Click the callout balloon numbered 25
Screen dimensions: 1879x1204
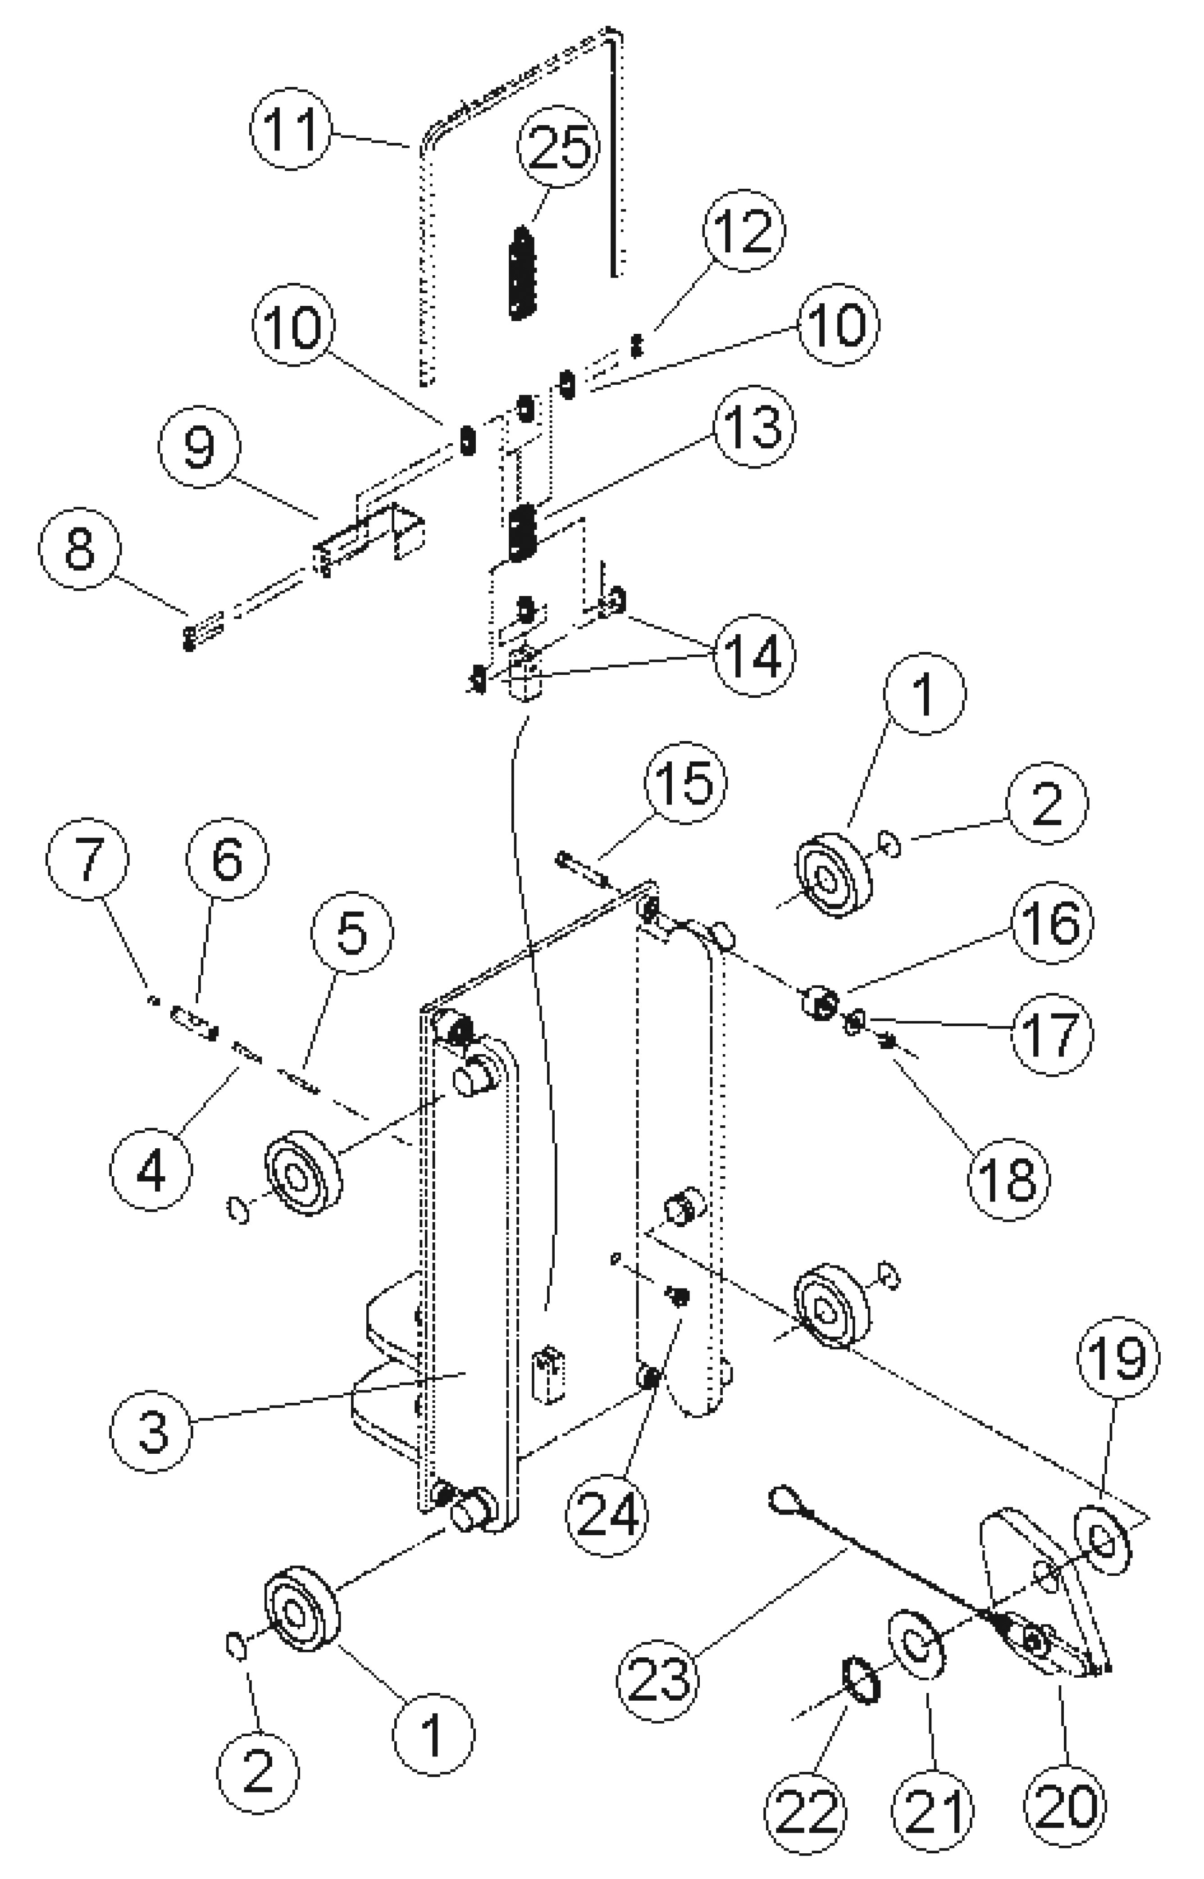click(x=558, y=146)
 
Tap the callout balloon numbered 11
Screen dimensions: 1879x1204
click(x=291, y=128)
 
